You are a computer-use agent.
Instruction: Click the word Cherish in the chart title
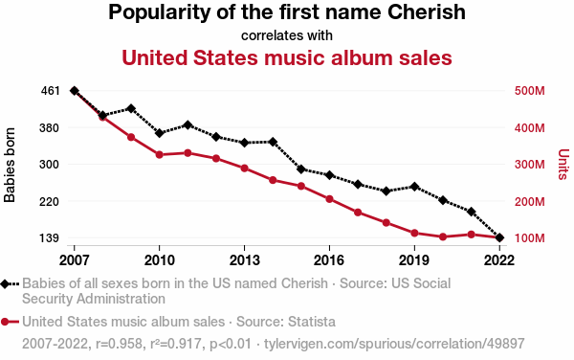[x=426, y=12]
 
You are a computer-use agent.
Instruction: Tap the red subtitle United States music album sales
[x=287, y=57]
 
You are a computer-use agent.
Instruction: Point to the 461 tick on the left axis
[x=50, y=90]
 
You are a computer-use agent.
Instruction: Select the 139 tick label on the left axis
[x=49, y=238]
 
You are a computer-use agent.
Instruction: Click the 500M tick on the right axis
[x=529, y=91]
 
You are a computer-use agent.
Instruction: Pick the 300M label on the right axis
[x=529, y=165]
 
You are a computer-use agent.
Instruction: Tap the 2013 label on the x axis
[x=244, y=260]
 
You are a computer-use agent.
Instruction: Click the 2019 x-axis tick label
[x=414, y=260]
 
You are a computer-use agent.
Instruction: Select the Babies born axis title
[x=10, y=165]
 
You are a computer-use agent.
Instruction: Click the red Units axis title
[x=563, y=164]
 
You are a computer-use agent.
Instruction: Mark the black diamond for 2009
[x=131, y=109]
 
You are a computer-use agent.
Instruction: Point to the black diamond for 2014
[x=273, y=142]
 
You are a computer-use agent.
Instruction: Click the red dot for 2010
[x=159, y=155]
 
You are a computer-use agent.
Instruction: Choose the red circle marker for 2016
[x=329, y=199]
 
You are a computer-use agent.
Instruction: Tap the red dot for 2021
[x=471, y=235]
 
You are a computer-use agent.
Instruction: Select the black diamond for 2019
[x=414, y=187]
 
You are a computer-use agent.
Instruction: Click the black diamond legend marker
[x=5, y=284]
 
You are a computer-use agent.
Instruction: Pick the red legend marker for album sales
[x=5, y=323]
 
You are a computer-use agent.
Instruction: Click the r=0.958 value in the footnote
[x=119, y=344]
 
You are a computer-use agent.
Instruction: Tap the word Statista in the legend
[x=312, y=322]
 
